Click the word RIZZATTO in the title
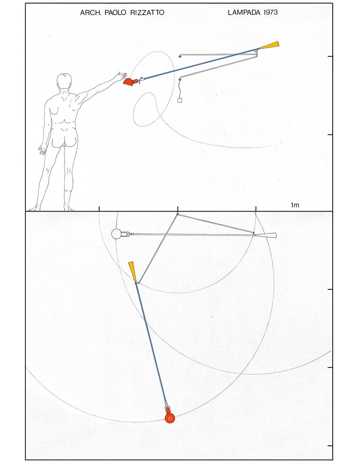pos(147,13)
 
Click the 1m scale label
pos(295,205)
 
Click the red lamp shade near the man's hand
pos(129,82)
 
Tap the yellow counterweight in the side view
pos(269,45)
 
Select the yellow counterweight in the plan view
pos(132,272)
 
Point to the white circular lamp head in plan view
pos(116,234)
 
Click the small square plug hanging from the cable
pos(180,100)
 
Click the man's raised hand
pos(121,76)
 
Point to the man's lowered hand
pos(42,149)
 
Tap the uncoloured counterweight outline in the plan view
pos(266,235)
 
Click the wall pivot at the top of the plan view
pos(178,213)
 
